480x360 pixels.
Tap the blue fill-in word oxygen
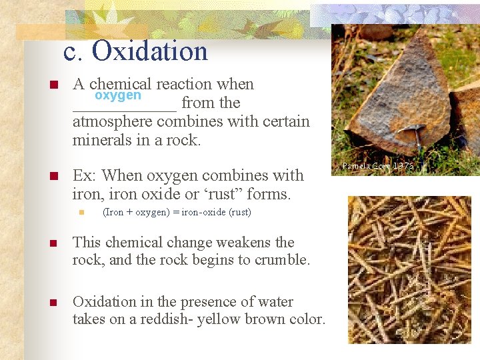click(118, 95)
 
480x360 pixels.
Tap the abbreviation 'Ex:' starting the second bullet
click(83, 176)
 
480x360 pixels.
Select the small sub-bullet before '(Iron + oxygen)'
click(79, 213)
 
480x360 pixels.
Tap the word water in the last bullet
click(273, 302)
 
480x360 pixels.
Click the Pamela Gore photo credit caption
click(378, 165)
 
